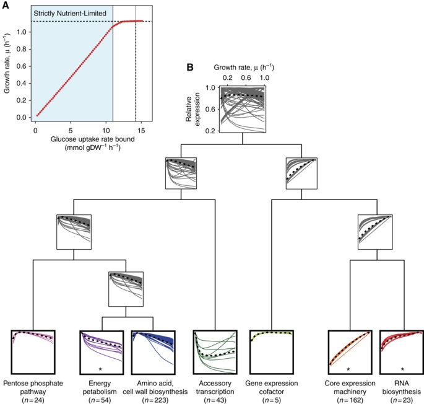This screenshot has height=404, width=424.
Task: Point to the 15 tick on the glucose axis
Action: (x=142, y=131)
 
